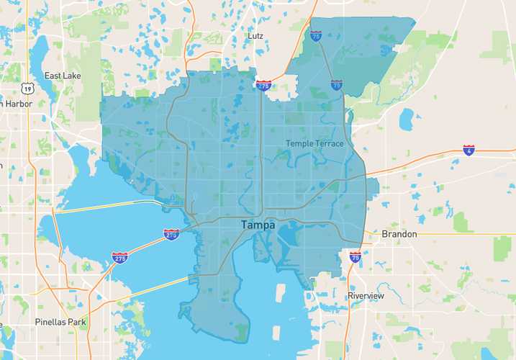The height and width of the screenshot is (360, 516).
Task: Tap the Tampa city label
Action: [x=258, y=225]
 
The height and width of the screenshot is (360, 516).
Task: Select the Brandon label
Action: [x=399, y=234]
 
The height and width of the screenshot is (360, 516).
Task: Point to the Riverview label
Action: [x=366, y=296]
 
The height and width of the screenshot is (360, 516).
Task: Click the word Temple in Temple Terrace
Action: [x=300, y=143]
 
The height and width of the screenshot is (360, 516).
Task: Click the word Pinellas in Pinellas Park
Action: [x=51, y=322]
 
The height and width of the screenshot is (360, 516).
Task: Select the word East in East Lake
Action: [x=53, y=76]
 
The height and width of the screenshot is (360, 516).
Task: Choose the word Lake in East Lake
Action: [x=72, y=76]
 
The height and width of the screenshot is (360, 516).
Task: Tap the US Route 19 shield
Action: [x=27, y=88]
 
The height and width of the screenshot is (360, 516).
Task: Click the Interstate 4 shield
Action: [x=469, y=150]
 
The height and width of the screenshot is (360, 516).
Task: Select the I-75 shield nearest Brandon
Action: [x=355, y=256]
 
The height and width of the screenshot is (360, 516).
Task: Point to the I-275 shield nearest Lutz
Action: [x=264, y=85]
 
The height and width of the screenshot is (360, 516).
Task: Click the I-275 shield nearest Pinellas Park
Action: [x=120, y=257]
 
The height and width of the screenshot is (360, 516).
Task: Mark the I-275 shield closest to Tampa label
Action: [x=171, y=234]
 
